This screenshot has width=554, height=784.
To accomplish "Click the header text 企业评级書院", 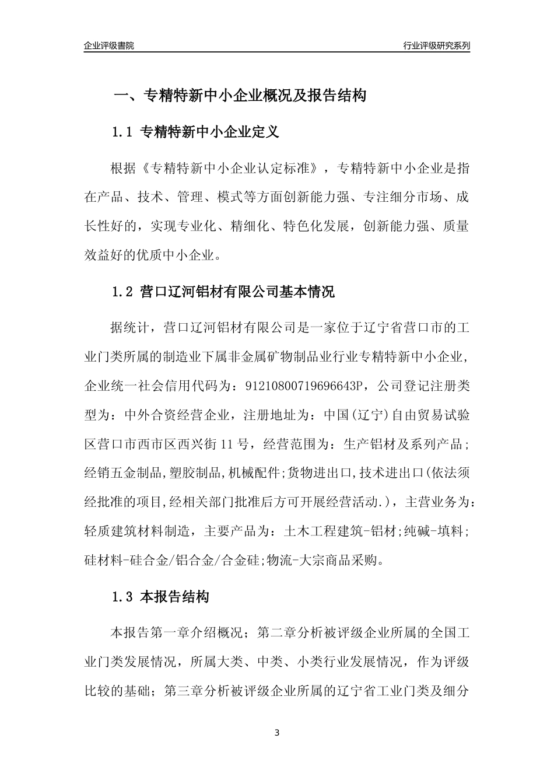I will (109, 46).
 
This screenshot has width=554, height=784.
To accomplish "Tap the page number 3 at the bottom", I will (277, 733).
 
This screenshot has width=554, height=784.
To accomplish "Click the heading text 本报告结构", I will (174, 597).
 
